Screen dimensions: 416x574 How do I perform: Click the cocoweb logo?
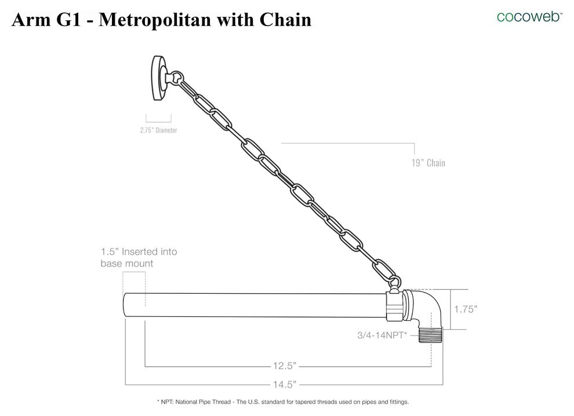529,16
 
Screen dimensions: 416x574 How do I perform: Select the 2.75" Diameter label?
158,130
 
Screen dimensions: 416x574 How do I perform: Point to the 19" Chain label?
428,163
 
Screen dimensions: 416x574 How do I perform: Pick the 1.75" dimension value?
465,309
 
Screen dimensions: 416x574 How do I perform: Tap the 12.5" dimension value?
285,366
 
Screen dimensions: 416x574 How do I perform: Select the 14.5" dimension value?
285,384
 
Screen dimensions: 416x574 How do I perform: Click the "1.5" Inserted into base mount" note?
139,257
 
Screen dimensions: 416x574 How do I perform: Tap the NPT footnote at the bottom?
283,402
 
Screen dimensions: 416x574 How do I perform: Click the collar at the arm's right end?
395,305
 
